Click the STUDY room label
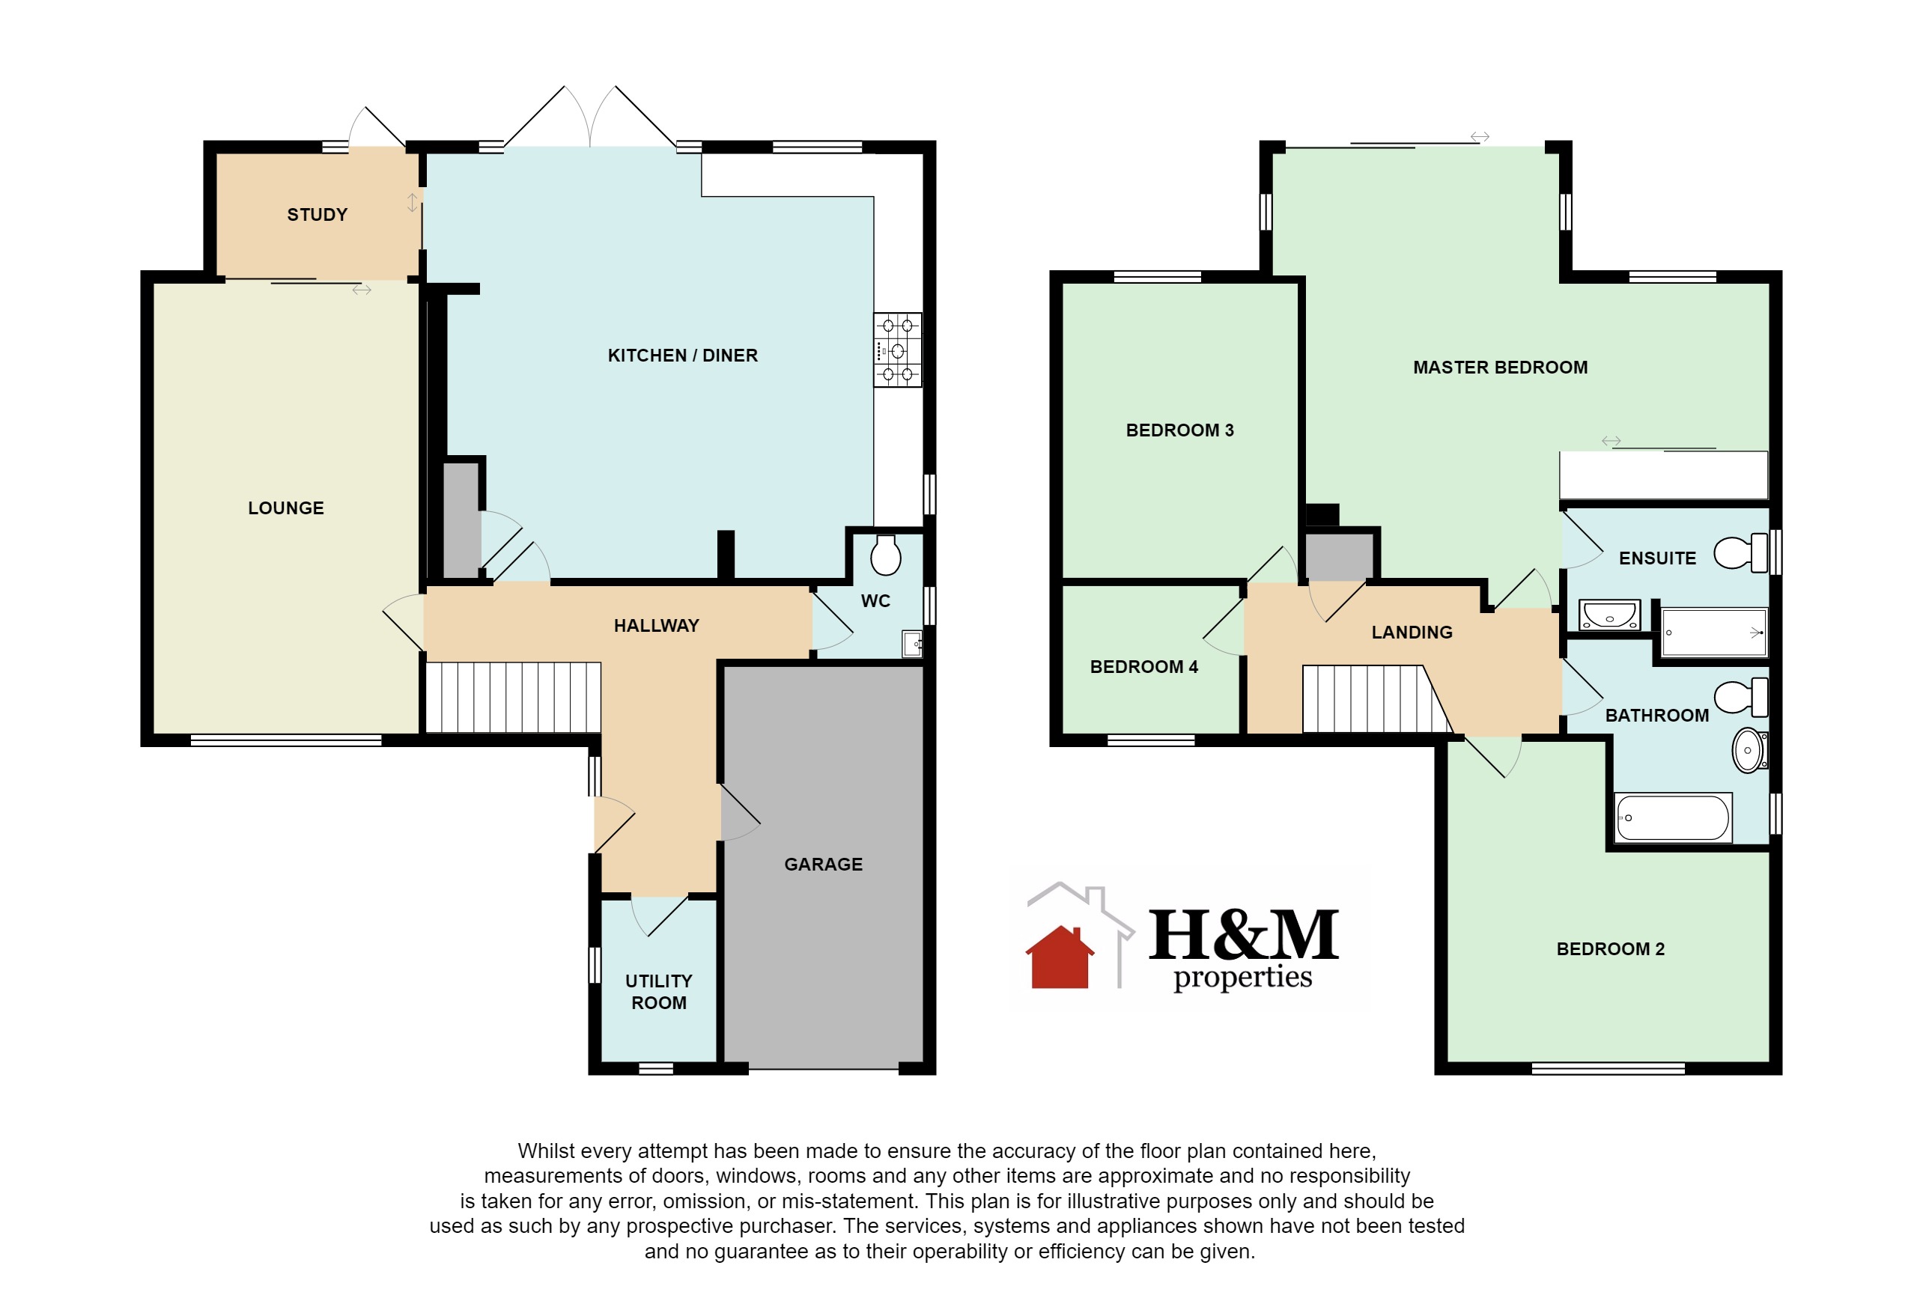(x=317, y=215)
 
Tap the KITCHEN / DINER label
(x=683, y=356)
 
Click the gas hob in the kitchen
(x=898, y=350)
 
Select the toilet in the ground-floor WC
(x=885, y=555)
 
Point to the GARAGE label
(x=823, y=865)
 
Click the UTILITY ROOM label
(x=659, y=992)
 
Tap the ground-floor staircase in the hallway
(x=513, y=698)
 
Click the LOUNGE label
(x=285, y=508)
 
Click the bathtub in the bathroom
(x=1674, y=818)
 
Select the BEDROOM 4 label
(x=1143, y=667)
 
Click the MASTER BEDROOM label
(x=1500, y=368)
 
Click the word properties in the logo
(x=1243, y=978)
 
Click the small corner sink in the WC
(x=912, y=644)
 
